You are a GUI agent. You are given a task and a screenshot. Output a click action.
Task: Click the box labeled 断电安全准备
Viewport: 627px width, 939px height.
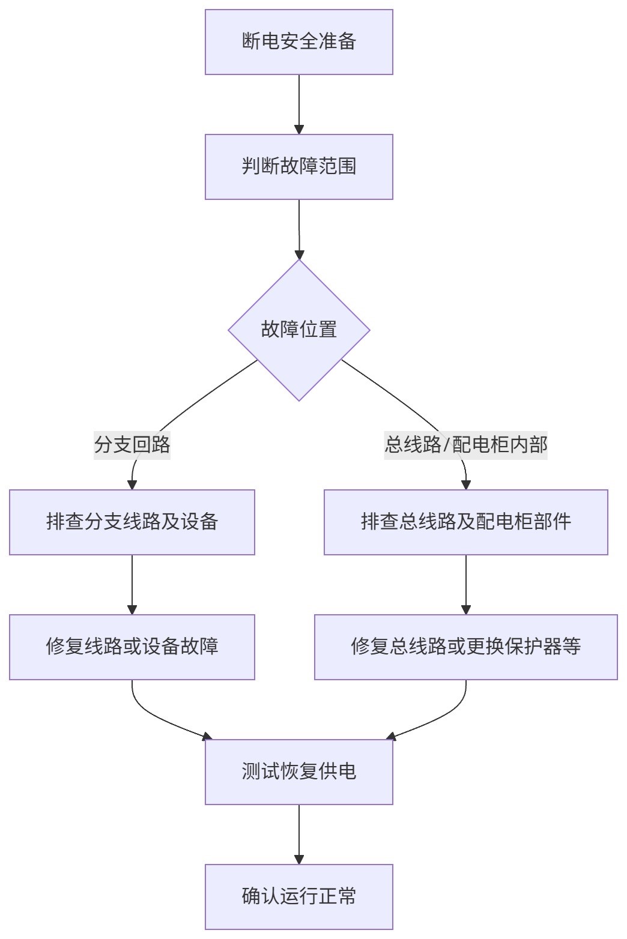click(298, 42)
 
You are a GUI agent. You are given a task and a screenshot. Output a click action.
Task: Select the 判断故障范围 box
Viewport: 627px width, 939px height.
click(298, 167)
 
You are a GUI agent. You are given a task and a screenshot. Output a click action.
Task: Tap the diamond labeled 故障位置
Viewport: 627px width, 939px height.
click(298, 330)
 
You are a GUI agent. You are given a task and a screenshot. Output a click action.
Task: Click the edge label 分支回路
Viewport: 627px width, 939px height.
click(132, 445)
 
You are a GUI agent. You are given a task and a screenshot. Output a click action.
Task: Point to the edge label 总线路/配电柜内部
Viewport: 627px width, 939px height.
click(465, 445)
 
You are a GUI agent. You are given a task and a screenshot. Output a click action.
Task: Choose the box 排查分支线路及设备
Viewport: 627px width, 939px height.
click(132, 522)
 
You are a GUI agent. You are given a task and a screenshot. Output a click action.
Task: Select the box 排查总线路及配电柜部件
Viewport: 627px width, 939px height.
click(465, 522)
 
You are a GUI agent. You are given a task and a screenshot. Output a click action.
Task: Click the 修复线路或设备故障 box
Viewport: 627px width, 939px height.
click(132, 647)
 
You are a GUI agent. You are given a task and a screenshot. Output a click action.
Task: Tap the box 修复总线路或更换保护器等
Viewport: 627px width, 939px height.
click(465, 647)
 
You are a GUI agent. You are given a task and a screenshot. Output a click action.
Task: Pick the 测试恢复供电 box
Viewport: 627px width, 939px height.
click(298, 771)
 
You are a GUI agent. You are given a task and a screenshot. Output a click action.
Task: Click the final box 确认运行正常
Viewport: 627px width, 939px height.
click(298, 896)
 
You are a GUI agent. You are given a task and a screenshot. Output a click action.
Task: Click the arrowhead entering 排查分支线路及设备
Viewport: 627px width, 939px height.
click(132, 485)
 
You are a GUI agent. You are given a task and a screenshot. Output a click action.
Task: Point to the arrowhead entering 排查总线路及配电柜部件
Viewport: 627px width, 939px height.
click(466, 485)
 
